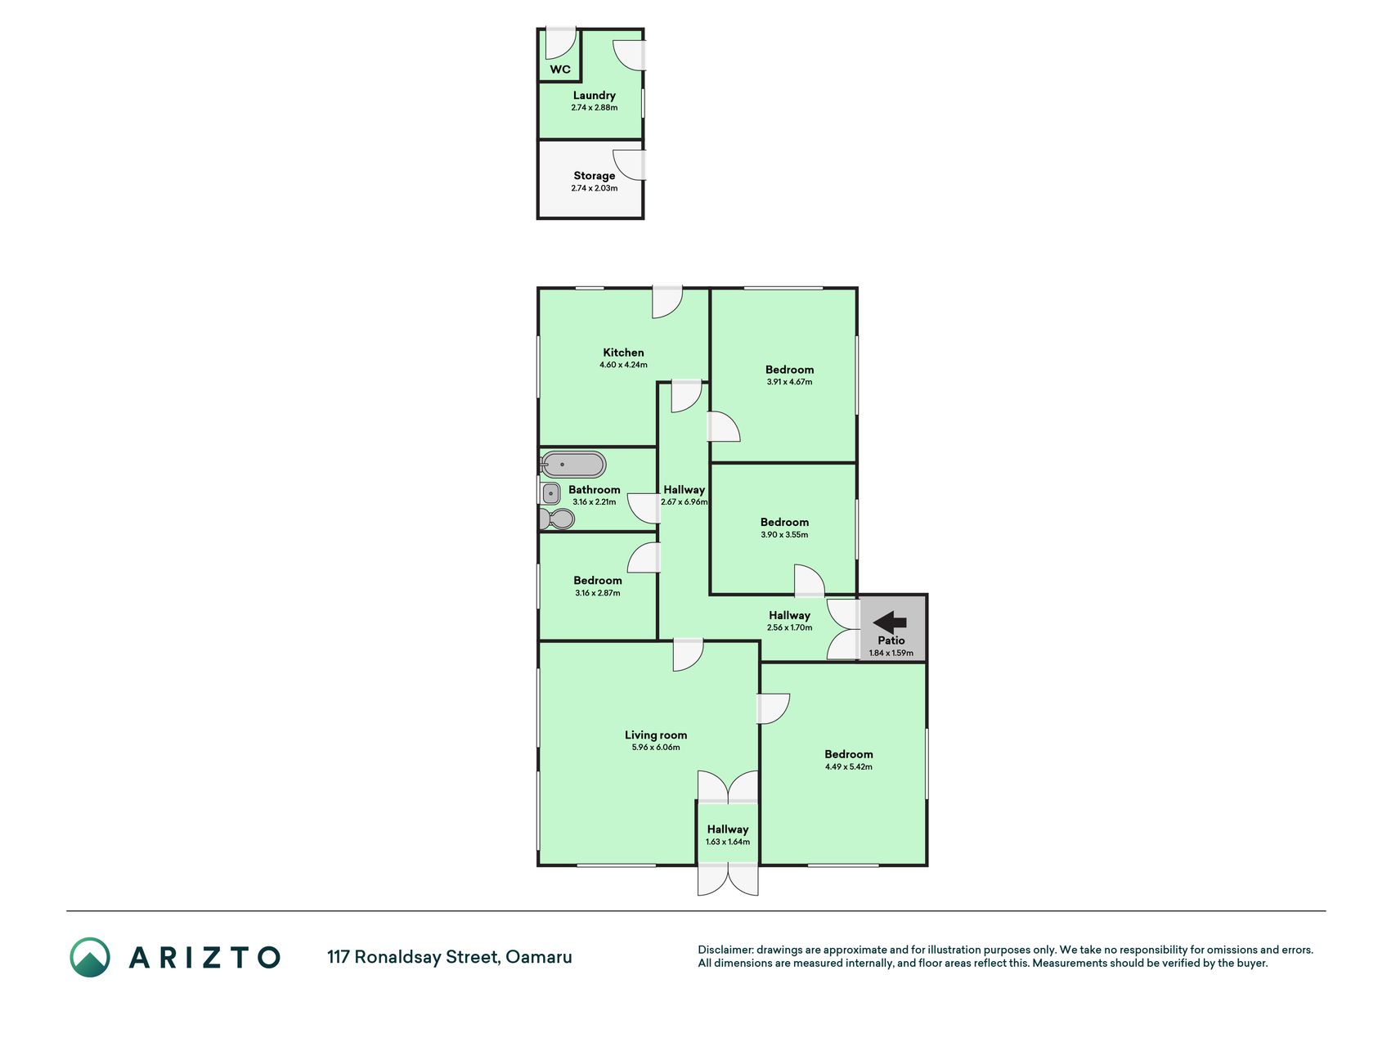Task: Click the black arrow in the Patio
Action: [x=890, y=622]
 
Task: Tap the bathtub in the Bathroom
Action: [x=573, y=465]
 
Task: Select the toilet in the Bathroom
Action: [x=557, y=519]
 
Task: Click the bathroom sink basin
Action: [x=551, y=493]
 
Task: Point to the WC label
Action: [x=560, y=70]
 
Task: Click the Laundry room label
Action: [x=595, y=96]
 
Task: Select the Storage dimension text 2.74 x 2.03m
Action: [x=595, y=188]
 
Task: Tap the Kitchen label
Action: [x=623, y=353]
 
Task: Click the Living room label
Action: [x=656, y=735]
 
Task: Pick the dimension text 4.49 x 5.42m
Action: [x=849, y=767]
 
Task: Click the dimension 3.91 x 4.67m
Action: [x=789, y=382]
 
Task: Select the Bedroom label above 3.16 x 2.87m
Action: [x=598, y=581]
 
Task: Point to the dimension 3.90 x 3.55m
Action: [x=784, y=535]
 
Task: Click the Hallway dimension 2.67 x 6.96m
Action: [x=685, y=502]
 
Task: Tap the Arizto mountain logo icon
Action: [x=90, y=957]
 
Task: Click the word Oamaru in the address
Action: [x=539, y=957]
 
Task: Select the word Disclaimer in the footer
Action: [x=725, y=950]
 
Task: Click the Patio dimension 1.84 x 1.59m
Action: [x=891, y=654]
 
